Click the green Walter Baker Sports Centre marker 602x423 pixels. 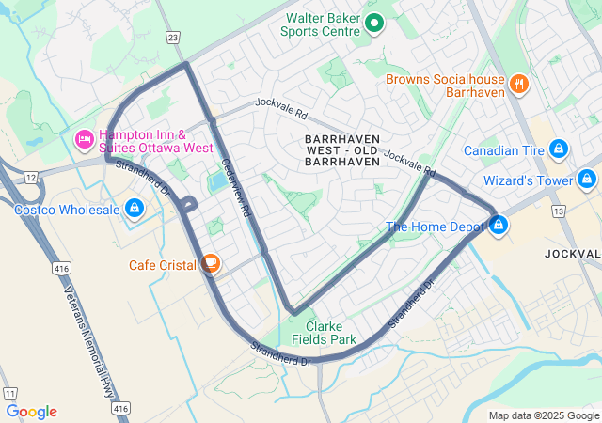click(373, 23)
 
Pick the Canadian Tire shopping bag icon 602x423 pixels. click(558, 149)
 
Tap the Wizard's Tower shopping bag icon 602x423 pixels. click(588, 180)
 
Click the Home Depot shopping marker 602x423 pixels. click(498, 226)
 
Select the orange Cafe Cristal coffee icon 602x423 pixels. click(210, 264)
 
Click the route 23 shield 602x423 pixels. click(172, 37)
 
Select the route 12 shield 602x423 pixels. click(31, 177)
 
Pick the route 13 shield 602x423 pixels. click(559, 211)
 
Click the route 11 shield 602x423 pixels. click(10, 393)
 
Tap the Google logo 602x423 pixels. click(31, 412)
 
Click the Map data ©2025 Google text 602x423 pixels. click(544, 415)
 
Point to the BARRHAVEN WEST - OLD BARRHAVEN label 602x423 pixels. click(342, 150)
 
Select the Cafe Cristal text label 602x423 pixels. click(162, 265)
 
